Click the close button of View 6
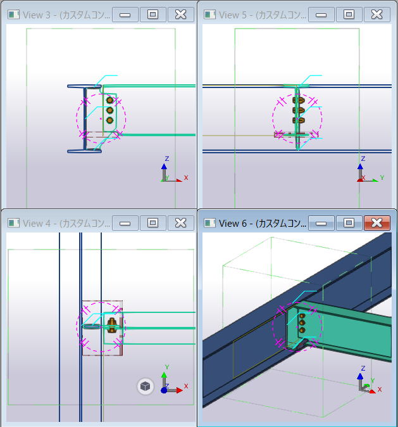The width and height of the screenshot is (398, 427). [376, 223]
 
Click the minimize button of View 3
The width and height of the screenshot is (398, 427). [125, 15]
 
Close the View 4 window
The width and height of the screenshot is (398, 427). [180, 223]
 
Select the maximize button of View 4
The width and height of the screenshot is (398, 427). [152, 223]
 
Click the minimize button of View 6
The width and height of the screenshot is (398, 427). [321, 223]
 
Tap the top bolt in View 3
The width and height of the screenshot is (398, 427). [109, 100]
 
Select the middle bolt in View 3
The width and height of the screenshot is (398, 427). [109, 110]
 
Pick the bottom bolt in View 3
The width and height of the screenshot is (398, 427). [109, 120]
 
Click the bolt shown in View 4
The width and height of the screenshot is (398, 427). [112, 326]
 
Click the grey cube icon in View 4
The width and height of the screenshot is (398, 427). [146, 386]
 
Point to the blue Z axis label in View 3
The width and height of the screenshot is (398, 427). [167, 159]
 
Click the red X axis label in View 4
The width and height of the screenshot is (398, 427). [186, 386]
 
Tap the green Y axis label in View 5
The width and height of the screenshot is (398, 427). [382, 177]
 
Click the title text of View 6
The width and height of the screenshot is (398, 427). [263, 224]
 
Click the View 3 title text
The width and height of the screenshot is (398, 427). [66, 15]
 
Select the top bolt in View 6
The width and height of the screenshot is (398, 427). [302, 316]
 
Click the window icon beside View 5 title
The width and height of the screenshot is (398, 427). [209, 15]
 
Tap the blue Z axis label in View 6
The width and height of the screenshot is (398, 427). [363, 368]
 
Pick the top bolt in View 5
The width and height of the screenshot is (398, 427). [299, 100]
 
